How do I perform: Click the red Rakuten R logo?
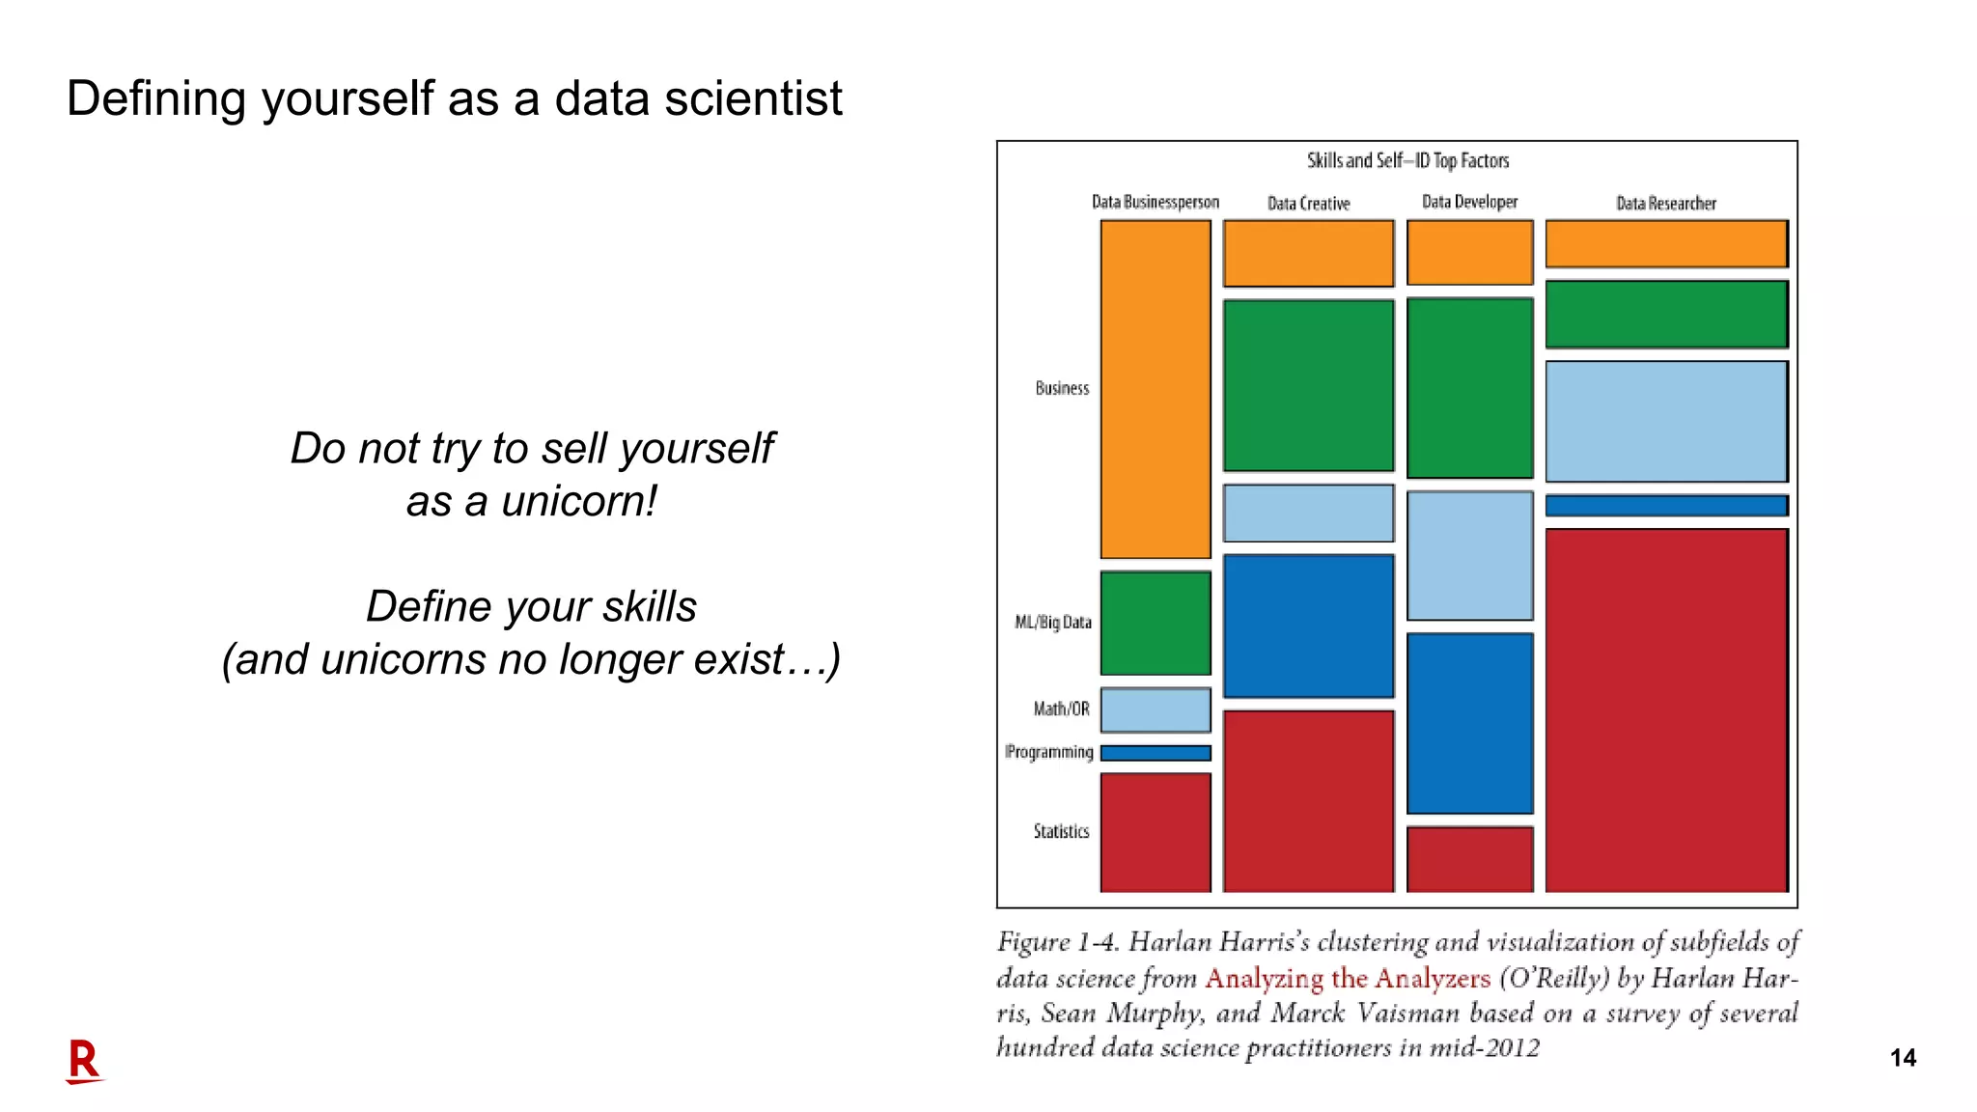(x=84, y=1061)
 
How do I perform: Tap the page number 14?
(x=1902, y=1058)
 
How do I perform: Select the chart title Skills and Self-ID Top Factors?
(x=1407, y=160)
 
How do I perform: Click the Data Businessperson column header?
(x=1155, y=202)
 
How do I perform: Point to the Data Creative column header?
(x=1308, y=204)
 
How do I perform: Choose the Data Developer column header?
(x=1469, y=202)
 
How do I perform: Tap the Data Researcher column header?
(x=1666, y=204)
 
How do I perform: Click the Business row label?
(x=1062, y=388)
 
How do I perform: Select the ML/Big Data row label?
(x=1053, y=623)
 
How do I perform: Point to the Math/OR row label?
(x=1061, y=709)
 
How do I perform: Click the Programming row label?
(x=1049, y=752)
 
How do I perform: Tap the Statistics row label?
(x=1061, y=831)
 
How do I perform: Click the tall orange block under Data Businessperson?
(x=1155, y=389)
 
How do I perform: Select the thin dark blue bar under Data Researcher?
(x=1666, y=506)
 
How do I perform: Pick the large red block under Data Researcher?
(x=1666, y=709)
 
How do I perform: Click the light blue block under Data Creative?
(x=1308, y=513)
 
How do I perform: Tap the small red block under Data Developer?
(x=1469, y=858)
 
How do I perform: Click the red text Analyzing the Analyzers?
(x=1348, y=979)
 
